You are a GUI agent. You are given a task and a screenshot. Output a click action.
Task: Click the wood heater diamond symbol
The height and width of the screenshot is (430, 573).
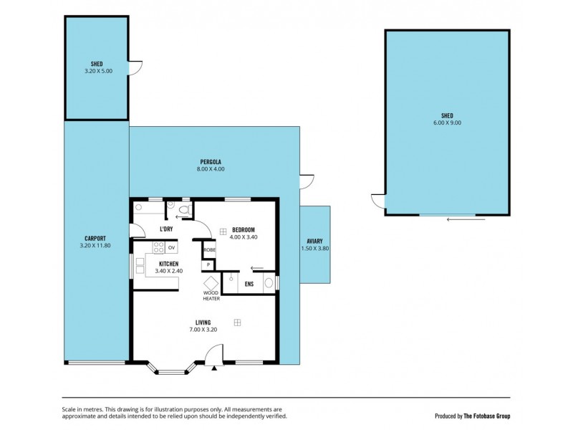click(211, 282)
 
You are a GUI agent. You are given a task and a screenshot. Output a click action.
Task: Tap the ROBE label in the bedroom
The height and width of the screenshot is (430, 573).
click(210, 250)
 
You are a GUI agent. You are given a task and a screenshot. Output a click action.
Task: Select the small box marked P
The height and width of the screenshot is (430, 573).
click(209, 264)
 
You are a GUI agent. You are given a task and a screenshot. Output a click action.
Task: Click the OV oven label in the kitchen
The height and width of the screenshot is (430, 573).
click(172, 248)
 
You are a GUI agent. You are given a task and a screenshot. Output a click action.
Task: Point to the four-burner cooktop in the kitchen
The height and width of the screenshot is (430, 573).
click(158, 248)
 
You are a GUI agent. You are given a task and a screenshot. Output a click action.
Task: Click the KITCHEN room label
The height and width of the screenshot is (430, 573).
click(168, 264)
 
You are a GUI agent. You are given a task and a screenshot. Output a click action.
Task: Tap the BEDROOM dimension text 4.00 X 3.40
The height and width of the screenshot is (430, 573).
click(244, 236)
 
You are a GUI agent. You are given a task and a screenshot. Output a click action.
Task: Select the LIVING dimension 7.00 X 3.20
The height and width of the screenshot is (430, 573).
click(203, 330)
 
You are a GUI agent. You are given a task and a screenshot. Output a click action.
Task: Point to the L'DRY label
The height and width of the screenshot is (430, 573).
click(166, 229)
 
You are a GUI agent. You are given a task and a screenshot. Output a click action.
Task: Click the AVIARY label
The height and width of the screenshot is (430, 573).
click(314, 242)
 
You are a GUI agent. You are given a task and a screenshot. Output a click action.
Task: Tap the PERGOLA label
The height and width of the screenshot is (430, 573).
click(210, 162)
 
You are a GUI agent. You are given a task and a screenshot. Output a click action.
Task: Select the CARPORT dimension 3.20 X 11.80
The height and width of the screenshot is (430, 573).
click(95, 245)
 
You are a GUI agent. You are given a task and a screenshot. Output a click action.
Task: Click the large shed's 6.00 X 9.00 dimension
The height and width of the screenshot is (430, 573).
click(448, 123)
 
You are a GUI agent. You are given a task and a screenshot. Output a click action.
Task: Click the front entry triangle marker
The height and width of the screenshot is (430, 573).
click(214, 369)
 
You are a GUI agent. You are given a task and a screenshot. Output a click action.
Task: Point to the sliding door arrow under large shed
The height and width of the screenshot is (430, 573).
click(458, 219)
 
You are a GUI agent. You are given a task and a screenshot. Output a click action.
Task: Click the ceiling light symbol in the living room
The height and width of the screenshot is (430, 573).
click(237, 323)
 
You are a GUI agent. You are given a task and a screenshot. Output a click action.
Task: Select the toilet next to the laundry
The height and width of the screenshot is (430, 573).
click(183, 210)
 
